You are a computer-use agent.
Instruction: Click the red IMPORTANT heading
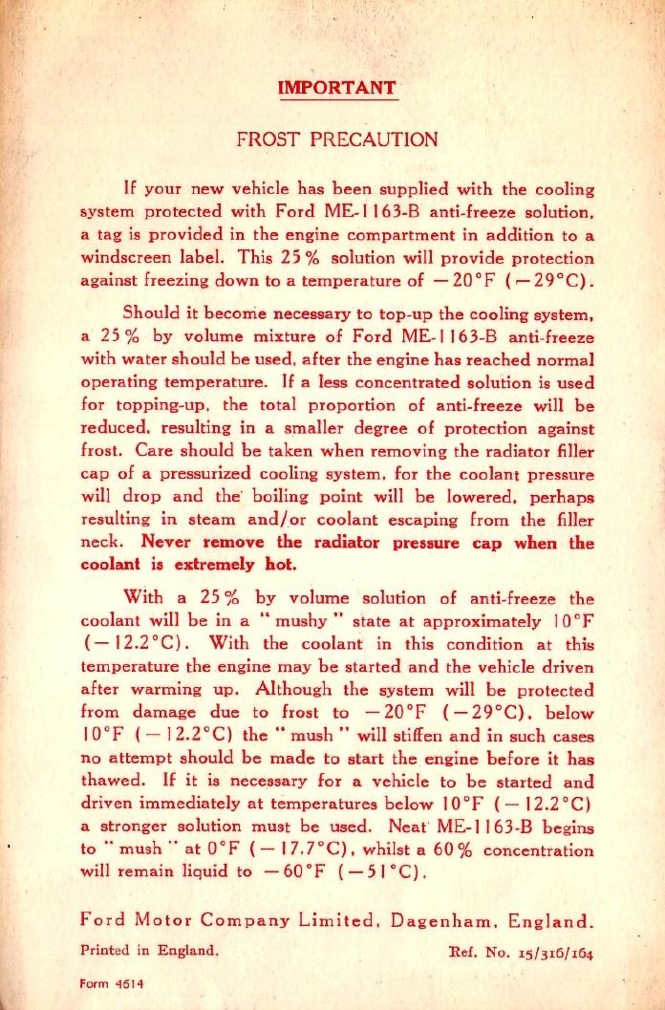click(x=336, y=88)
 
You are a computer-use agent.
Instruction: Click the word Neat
click(x=409, y=827)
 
